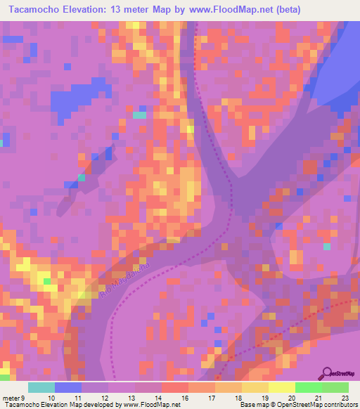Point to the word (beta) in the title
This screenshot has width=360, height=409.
point(287,10)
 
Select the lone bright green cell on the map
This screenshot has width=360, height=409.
point(47,281)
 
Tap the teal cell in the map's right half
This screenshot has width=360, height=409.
point(326,246)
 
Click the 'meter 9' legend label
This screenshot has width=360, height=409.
point(13,398)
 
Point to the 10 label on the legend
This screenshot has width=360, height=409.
point(51,398)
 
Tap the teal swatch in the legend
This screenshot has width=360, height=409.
point(41,387)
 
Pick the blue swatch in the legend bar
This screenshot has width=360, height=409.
point(68,387)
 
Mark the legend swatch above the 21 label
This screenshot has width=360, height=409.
point(308,387)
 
